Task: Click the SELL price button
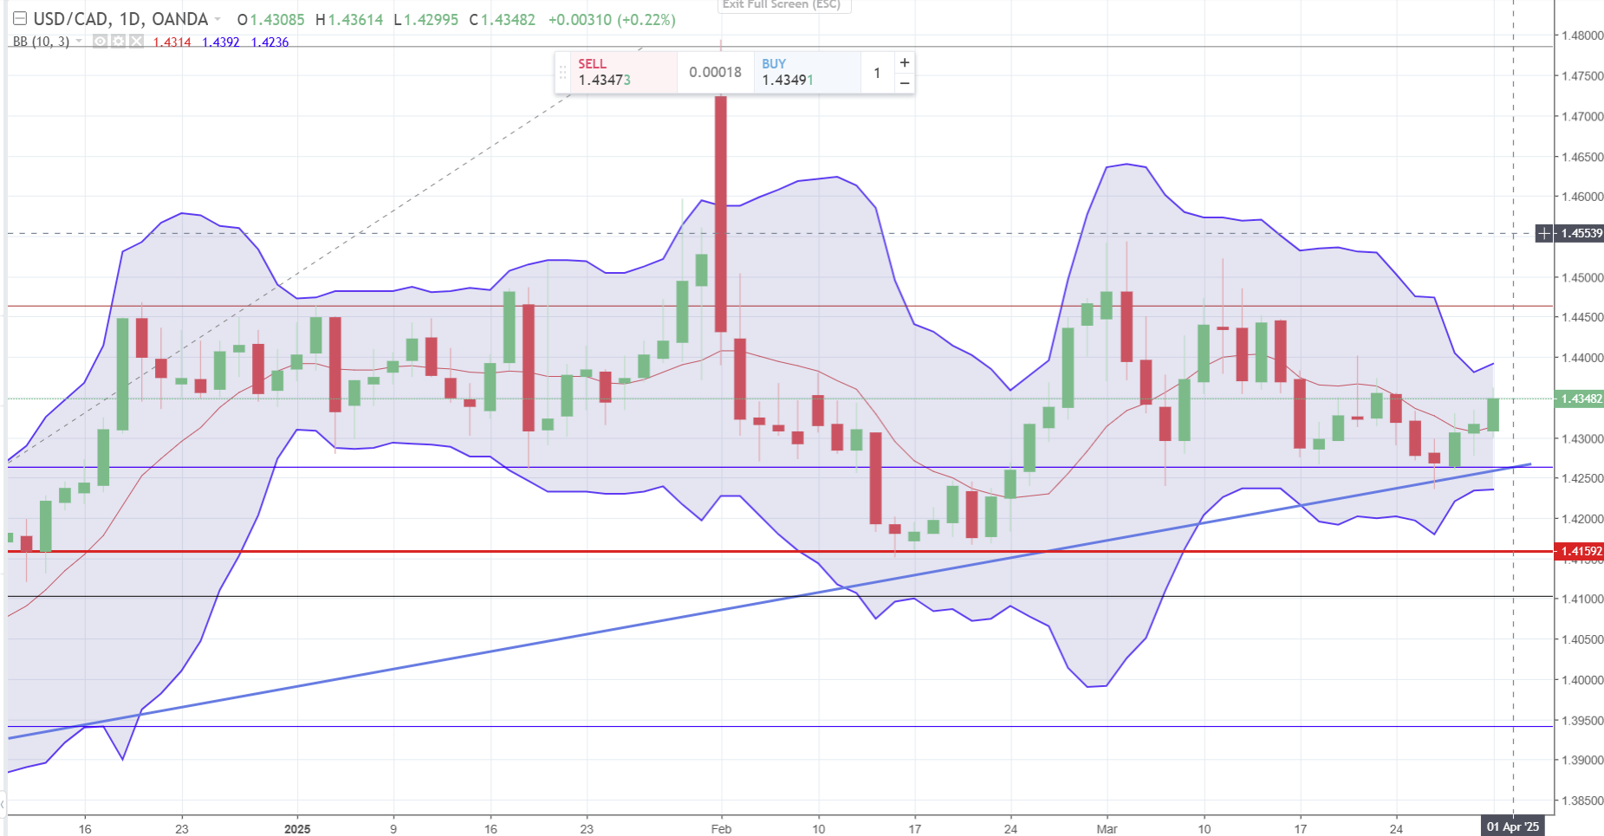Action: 615,72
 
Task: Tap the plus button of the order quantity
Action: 905,62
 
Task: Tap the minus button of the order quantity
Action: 905,83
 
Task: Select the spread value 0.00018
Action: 715,72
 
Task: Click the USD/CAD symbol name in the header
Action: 72,19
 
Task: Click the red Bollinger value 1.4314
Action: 172,42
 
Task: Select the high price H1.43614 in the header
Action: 349,19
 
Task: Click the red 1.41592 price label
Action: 1581,551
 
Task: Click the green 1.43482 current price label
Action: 1581,399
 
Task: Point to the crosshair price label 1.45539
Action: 1581,233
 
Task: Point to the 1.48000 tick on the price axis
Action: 1581,36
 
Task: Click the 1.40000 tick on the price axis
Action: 1581,680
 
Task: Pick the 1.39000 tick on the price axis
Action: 1581,761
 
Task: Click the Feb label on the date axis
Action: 721,829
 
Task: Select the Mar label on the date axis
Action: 1107,829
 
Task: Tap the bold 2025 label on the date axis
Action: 297,829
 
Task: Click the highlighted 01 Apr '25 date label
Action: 1513,826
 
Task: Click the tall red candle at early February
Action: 720,213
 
